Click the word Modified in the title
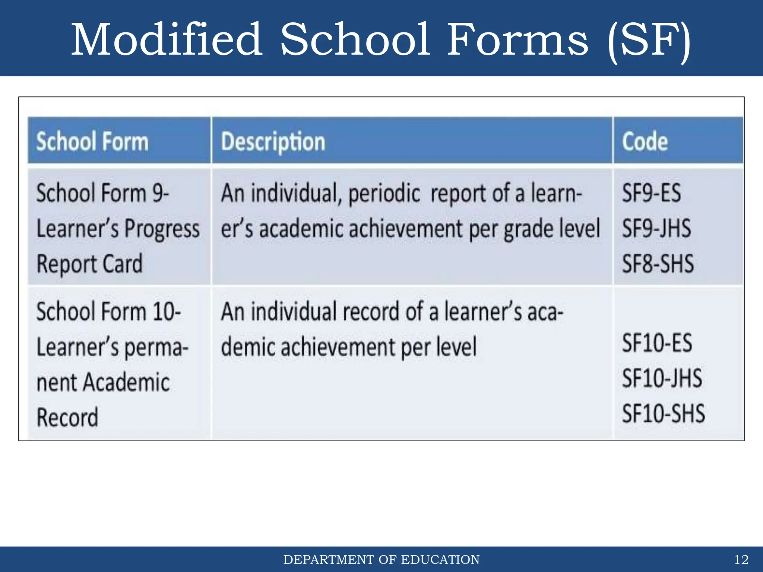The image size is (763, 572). pyautogui.click(x=167, y=40)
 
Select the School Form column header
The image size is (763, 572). pyautogui.click(x=92, y=142)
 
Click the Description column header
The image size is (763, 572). pyautogui.click(x=273, y=142)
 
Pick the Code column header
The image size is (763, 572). pyautogui.click(x=645, y=142)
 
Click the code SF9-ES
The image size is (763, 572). pyautogui.click(x=651, y=193)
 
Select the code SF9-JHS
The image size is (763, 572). pyautogui.click(x=656, y=228)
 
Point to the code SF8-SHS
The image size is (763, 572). pyautogui.click(x=658, y=263)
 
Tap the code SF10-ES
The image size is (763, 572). pyautogui.click(x=657, y=343)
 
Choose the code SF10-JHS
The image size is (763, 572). pyautogui.click(x=662, y=378)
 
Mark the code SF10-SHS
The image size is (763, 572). pyautogui.click(x=663, y=413)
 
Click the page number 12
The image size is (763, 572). pyautogui.click(x=741, y=560)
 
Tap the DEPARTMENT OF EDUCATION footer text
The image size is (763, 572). pyautogui.click(x=381, y=560)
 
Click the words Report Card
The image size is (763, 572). pyautogui.click(x=89, y=264)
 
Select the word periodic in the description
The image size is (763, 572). pyautogui.click(x=384, y=194)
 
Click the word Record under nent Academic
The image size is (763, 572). pyautogui.click(x=67, y=417)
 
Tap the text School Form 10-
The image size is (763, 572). pyautogui.click(x=108, y=311)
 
